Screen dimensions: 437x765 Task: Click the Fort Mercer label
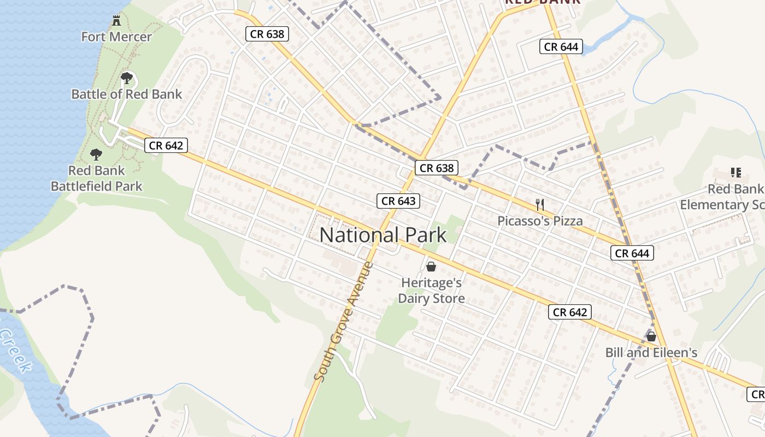tap(116, 37)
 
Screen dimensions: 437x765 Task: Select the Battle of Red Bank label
tap(127, 94)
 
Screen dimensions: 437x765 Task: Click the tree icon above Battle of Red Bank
tap(127, 78)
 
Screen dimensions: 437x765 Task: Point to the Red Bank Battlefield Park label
tap(97, 179)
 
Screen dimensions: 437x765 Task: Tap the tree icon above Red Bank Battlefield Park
tap(96, 155)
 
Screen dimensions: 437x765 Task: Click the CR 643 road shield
tap(399, 201)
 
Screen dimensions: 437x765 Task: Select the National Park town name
tap(383, 235)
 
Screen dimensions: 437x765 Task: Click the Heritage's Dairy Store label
tap(431, 291)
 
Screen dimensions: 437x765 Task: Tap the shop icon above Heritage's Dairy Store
tap(431, 267)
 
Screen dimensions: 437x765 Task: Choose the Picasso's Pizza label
tap(540, 221)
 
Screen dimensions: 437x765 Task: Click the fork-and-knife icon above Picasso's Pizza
tap(540, 205)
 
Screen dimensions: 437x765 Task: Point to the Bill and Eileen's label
tap(651, 353)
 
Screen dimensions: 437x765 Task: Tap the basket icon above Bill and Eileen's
tap(651, 336)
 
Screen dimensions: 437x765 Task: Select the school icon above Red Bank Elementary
tap(735, 173)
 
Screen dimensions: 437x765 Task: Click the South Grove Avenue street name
tap(344, 322)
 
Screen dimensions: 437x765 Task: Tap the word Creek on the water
tap(15, 350)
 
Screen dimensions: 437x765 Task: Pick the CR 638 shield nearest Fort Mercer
tap(267, 34)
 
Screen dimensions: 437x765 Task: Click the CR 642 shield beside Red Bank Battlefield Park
tap(166, 145)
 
